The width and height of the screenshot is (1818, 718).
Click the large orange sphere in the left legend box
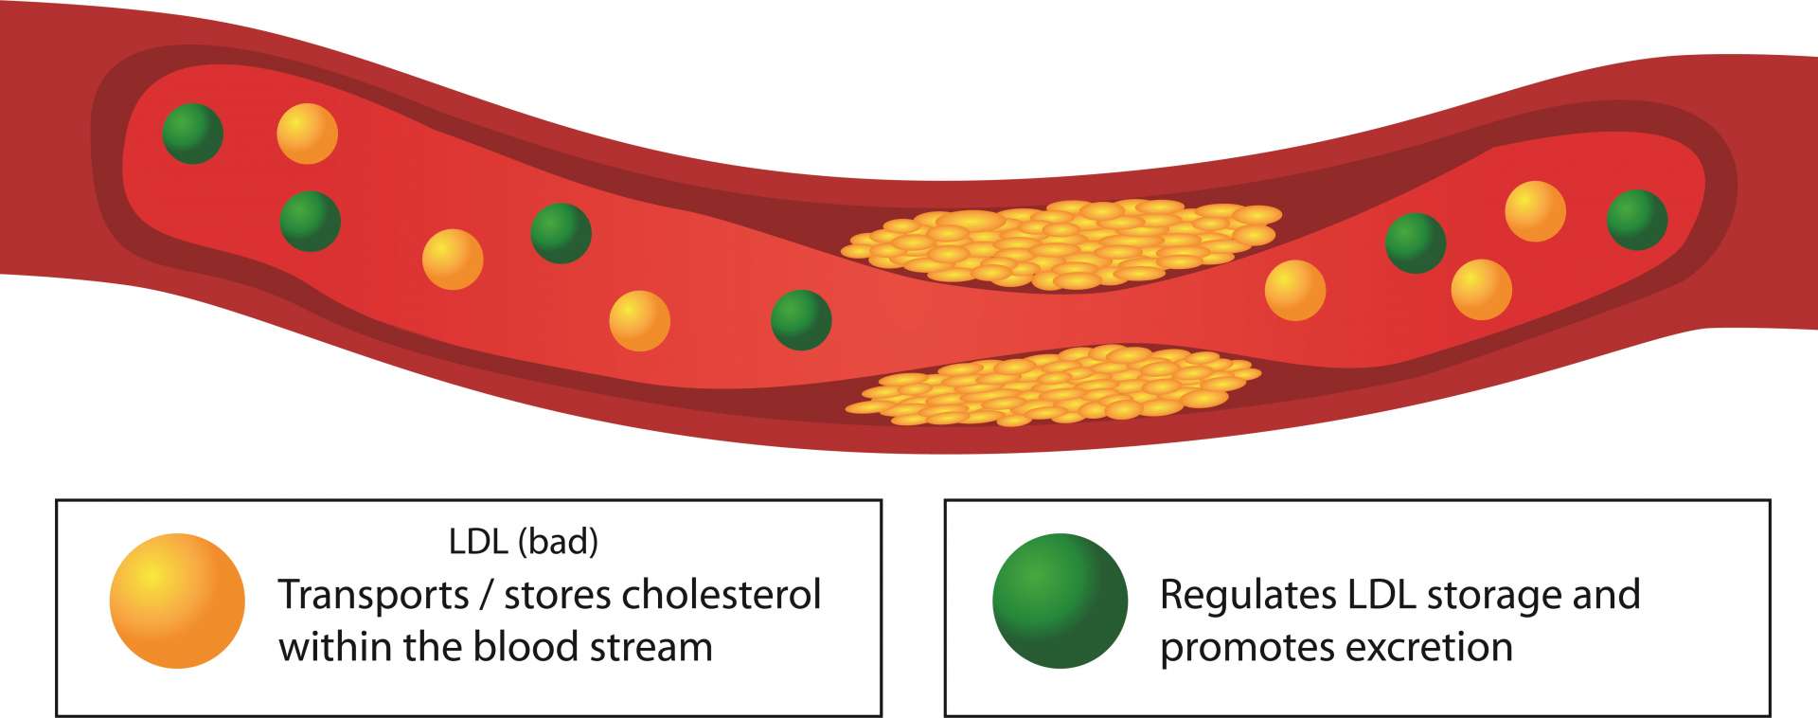177,601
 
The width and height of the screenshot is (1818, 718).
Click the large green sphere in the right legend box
1060,601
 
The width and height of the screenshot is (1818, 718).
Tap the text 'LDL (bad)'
524,541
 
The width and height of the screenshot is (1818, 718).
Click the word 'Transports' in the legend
373,595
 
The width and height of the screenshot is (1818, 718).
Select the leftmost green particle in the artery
192,134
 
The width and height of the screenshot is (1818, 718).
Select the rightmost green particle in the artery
1636,220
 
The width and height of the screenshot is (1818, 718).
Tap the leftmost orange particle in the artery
307,134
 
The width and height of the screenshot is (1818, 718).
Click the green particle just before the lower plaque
801,320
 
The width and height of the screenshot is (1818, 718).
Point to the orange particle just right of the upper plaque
1294,290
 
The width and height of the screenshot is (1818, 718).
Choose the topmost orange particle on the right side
1535,211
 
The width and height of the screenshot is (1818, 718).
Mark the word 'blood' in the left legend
526,647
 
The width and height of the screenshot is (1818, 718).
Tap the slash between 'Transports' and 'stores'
486,595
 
